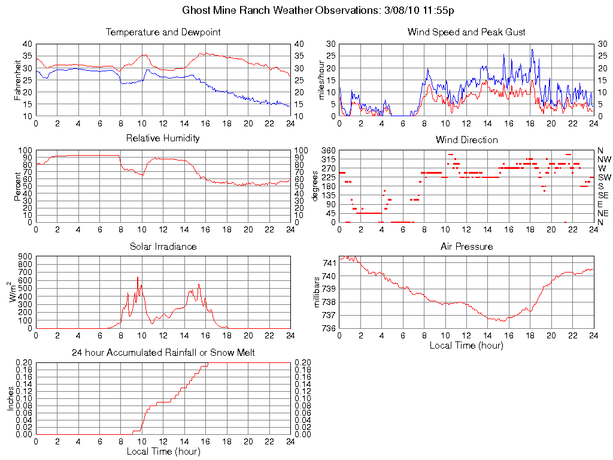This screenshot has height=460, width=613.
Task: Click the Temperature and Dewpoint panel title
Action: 163,32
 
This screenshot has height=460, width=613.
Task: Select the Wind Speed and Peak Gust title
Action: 466,32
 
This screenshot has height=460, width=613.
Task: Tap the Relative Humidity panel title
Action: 163,138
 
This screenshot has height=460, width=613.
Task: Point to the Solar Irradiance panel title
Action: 163,246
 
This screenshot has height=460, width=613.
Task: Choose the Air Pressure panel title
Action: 466,246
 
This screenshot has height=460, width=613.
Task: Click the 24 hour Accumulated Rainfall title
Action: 163,353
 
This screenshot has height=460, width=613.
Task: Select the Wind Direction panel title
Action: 466,140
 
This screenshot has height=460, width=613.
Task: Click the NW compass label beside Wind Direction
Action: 603,159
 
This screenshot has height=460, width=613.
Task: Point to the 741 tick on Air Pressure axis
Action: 329,263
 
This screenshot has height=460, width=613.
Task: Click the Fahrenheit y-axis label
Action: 18,80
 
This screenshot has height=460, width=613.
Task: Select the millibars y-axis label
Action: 318,292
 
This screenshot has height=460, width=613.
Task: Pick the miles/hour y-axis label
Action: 321,80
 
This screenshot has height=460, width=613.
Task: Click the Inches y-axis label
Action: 10,398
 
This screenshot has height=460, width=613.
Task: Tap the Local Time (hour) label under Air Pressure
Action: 466,345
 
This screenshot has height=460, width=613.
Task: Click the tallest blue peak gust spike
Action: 532,50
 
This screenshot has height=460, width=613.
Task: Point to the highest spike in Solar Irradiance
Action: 138,277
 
